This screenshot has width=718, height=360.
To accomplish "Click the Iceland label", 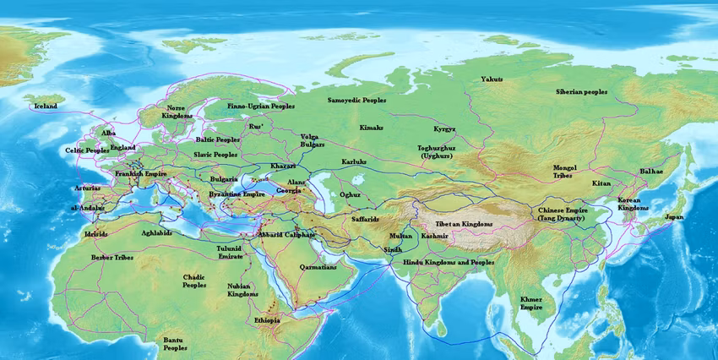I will [46, 107].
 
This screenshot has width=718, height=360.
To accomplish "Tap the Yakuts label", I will [492, 79].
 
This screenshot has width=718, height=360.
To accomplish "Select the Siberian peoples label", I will [581, 91].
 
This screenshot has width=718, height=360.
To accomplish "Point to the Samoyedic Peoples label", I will [357, 100].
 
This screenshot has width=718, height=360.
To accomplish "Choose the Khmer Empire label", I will [531, 303].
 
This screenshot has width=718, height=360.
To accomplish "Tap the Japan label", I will [674, 217].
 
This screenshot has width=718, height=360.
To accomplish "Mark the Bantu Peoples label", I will [175, 343].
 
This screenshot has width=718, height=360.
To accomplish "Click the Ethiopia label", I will [267, 321].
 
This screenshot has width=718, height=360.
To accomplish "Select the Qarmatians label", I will [318, 267].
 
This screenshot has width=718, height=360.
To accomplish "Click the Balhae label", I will [651, 171].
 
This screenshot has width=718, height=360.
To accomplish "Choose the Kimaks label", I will [371, 128].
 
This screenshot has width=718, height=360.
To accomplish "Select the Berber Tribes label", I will [113, 257].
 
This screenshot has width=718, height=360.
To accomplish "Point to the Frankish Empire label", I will [141, 173].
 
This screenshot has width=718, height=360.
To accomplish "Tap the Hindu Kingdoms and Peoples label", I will [449, 263].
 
